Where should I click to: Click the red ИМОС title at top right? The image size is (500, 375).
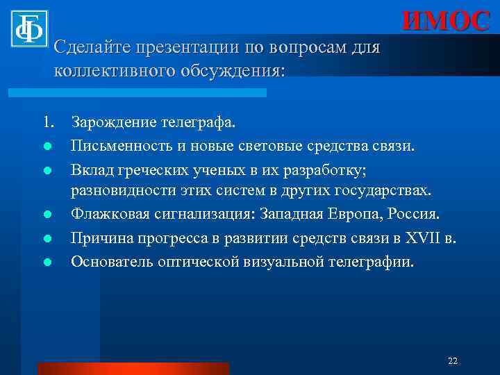tap(445, 21)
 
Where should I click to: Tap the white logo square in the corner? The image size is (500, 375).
tap(28, 28)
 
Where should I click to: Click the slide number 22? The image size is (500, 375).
tap(453, 360)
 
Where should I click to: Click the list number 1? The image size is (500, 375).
tap(48, 124)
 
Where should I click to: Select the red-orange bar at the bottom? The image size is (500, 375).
tap(133, 368)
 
